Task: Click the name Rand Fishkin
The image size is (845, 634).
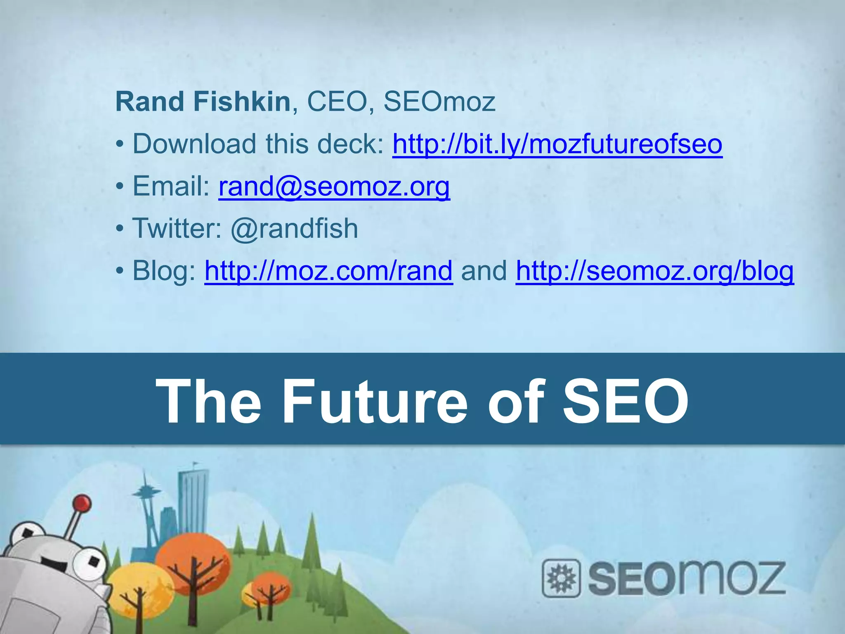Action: [203, 102]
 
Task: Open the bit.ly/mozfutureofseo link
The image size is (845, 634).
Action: [557, 144]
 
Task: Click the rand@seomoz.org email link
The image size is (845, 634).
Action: [334, 186]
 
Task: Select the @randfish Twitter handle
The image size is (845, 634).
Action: [294, 228]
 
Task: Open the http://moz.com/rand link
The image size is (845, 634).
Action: [328, 271]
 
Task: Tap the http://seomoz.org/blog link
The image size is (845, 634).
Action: [654, 271]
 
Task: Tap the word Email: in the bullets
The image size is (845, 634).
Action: [171, 186]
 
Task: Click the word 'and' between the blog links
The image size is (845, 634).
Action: [484, 271]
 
